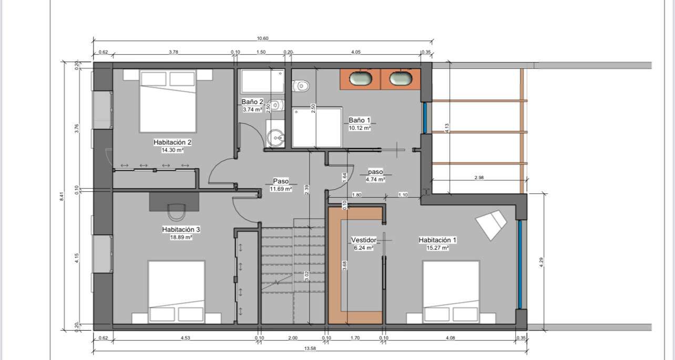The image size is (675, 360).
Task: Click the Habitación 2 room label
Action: [172, 142]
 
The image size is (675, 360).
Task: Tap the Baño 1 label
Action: [359, 120]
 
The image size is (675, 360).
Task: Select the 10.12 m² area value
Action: [360, 128]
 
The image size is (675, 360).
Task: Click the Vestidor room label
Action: [364, 240]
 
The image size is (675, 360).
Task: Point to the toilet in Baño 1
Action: [301, 86]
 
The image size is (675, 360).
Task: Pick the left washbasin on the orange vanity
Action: [361, 78]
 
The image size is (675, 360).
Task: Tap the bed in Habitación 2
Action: [168, 101]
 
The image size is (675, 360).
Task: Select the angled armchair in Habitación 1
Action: [491, 225]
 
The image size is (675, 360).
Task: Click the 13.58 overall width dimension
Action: [310, 348]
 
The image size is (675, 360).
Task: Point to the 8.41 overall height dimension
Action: [62, 197]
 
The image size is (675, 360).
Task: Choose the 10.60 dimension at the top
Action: [262, 38]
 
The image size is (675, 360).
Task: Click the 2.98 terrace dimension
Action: [479, 178]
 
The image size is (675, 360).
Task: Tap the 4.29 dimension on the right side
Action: [541, 262]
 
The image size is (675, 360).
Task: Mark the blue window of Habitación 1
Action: [520, 264]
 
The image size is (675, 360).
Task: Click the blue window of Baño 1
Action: [425, 118]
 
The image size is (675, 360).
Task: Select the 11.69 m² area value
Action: [281, 189]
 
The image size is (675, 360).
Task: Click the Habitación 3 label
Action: [181, 230]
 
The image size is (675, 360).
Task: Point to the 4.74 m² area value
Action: [375, 180]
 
